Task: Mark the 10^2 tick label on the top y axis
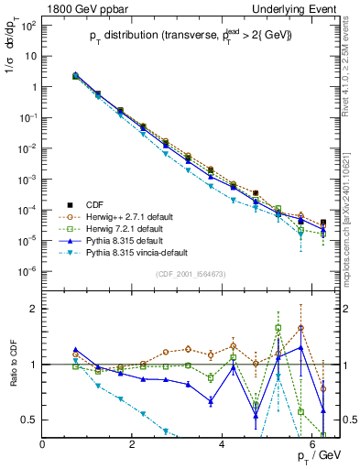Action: [29, 25]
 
